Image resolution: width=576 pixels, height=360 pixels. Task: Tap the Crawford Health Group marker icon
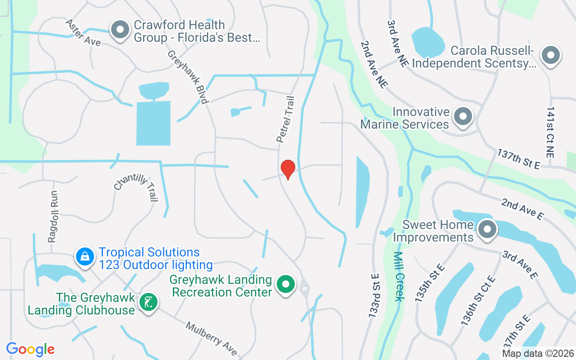(120, 30)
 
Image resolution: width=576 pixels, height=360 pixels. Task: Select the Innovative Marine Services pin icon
(463, 117)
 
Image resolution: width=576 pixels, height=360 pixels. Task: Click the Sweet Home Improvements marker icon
(486, 230)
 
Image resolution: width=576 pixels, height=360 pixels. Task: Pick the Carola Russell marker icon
(550, 56)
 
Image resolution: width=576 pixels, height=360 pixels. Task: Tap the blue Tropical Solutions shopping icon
(85, 256)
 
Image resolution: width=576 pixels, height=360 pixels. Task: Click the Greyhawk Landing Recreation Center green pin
(285, 284)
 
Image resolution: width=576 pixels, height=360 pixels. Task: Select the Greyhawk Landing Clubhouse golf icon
(148, 302)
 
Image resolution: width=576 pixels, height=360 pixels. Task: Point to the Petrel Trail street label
(286, 120)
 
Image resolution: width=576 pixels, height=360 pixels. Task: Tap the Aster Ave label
(83, 32)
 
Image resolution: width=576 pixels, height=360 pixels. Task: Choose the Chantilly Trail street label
(136, 188)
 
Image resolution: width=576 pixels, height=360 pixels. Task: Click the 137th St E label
(518, 159)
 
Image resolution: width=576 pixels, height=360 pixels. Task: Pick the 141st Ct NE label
(550, 132)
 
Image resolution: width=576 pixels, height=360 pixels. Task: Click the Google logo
(31, 349)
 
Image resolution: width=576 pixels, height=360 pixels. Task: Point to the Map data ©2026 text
(538, 353)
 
